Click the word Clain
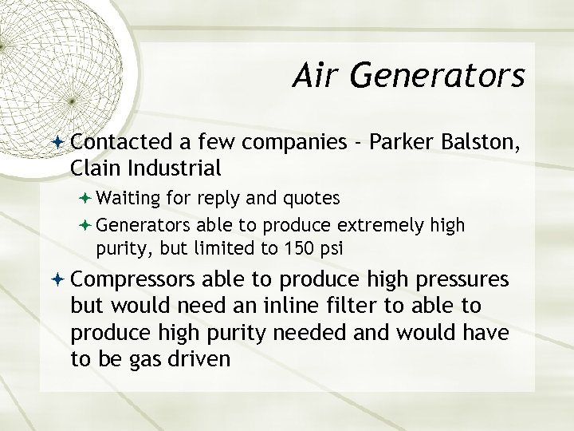[93, 168]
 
